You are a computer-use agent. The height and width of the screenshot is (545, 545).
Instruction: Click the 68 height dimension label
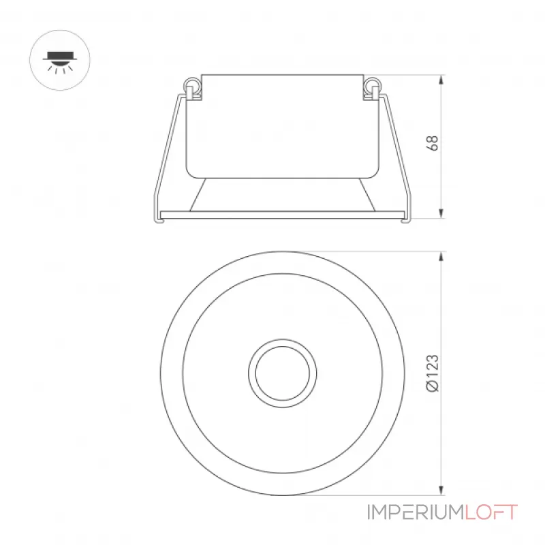point(432,143)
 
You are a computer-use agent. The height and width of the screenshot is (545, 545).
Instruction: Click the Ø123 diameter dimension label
point(432,373)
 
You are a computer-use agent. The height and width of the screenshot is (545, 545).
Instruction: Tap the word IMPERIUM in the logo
point(416,513)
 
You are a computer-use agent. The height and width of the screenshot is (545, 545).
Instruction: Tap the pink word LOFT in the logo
point(491,513)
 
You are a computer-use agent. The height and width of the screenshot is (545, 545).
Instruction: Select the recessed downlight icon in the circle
point(60,61)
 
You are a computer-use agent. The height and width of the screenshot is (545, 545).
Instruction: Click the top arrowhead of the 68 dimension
point(441,80)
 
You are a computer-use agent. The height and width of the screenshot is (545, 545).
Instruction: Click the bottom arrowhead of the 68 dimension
point(441,213)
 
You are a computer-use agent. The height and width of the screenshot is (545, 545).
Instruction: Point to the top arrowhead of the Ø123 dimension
point(441,256)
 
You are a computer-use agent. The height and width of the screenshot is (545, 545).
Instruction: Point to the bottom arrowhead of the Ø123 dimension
point(441,490)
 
